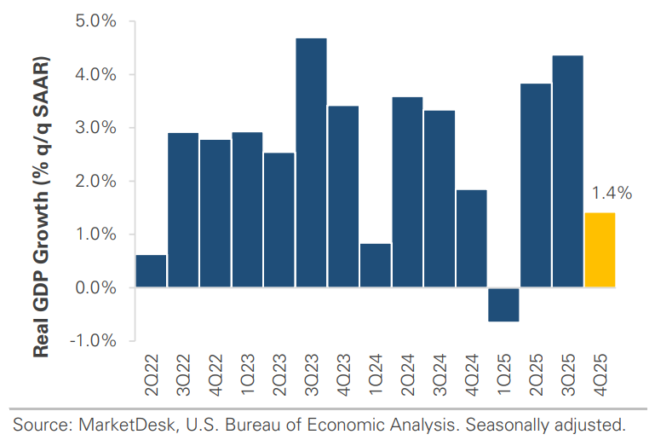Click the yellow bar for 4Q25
pyautogui.click(x=600, y=250)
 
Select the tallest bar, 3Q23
pyautogui.click(x=311, y=162)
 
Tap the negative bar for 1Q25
pyautogui.click(x=503, y=304)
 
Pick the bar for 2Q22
pyautogui.click(x=151, y=271)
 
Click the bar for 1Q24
pyautogui.click(x=375, y=265)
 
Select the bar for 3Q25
pyautogui.click(x=567, y=171)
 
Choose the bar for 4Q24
pyautogui.click(x=471, y=238)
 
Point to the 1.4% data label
pyautogui.click(x=612, y=194)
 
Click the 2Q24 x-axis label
pyautogui.click(x=407, y=376)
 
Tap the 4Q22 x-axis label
pyautogui.click(x=215, y=376)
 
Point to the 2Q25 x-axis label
pyautogui.click(x=536, y=376)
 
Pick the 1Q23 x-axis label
pyautogui.click(x=248, y=376)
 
